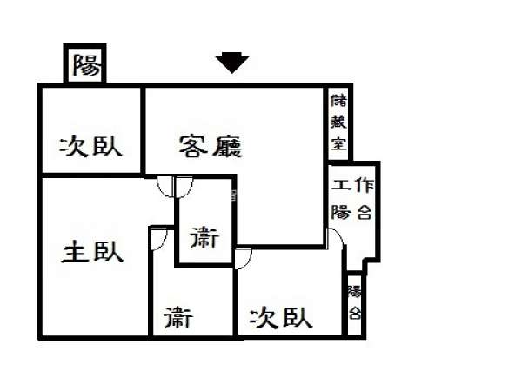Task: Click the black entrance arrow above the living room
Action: pyautogui.click(x=232, y=63)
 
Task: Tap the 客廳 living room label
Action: pyautogui.click(x=211, y=146)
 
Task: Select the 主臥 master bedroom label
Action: pyautogui.click(x=92, y=252)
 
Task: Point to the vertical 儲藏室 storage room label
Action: pyautogui.click(x=338, y=122)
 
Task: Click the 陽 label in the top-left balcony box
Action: pyautogui.click(x=86, y=64)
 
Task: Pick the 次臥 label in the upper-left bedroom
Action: pyautogui.click(x=90, y=146)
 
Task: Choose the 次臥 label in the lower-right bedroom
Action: pyautogui.click(x=281, y=317)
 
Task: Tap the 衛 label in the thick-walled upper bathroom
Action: pyautogui.click(x=204, y=236)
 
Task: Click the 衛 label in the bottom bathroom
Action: pyautogui.click(x=178, y=317)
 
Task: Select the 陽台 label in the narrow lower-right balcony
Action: pyautogui.click(x=355, y=302)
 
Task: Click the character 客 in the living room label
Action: pyautogui.click(x=193, y=146)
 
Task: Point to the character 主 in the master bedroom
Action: pyautogui.click(x=76, y=252)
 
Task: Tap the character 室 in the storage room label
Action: pyautogui.click(x=339, y=142)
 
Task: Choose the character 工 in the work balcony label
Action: pyautogui.click(x=341, y=184)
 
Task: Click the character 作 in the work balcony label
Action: pyautogui.click(x=365, y=185)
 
